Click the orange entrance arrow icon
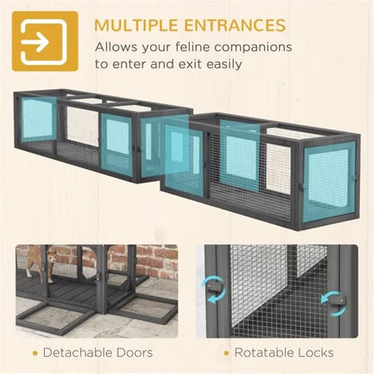point(45,41)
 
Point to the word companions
point(254,49)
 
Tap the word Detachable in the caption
point(77,352)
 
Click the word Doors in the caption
point(135,352)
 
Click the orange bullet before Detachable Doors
point(35,353)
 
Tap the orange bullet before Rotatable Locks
point(227,353)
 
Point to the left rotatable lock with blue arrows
point(215,289)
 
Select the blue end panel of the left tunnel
point(37,119)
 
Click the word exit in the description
point(188,65)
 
